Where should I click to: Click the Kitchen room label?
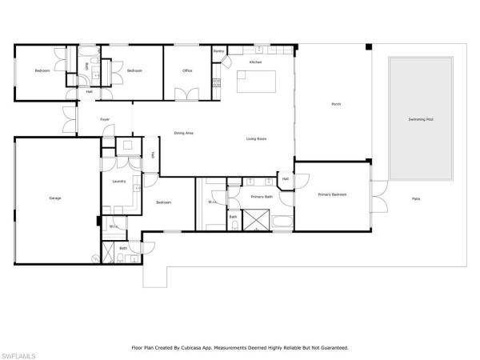[255, 62]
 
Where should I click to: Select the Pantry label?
[218, 51]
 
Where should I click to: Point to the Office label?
[187, 71]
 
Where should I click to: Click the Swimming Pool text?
[420, 120]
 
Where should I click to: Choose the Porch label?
[337, 104]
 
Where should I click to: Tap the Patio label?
[416, 198]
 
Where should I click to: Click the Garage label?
[54, 198]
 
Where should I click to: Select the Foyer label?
[104, 120]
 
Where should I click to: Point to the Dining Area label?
[184, 133]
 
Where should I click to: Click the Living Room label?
[256, 139]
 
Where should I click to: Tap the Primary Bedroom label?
[332, 194]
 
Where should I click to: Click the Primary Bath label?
[262, 196]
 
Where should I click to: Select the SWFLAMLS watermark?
[19, 351]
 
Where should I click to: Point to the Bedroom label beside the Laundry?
[165, 202]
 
